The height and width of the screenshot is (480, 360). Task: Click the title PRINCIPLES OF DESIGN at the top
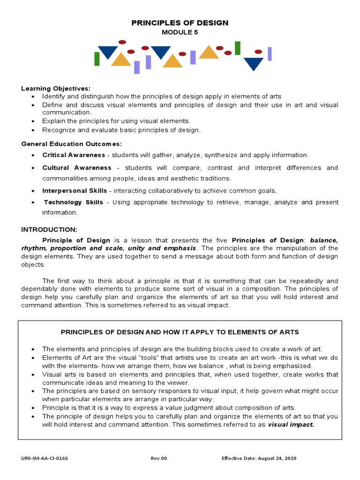[180, 22]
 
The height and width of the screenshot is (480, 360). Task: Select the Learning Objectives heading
[56, 88]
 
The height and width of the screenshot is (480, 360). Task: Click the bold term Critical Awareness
[74, 155]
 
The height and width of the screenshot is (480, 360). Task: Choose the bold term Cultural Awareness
[77, 167]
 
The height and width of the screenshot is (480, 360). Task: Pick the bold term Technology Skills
[74, 202]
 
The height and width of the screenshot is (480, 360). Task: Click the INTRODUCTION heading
[49, 229]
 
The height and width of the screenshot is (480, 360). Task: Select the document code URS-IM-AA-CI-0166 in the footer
[45, 458]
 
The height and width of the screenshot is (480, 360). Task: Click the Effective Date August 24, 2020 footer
[259, 458]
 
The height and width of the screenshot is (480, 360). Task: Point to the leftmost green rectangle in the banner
[97, 59]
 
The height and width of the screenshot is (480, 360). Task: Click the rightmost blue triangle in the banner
[254, 63]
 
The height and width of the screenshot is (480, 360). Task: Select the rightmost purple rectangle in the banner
[270, 54]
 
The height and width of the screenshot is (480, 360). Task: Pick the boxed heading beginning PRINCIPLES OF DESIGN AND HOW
[180, 332]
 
